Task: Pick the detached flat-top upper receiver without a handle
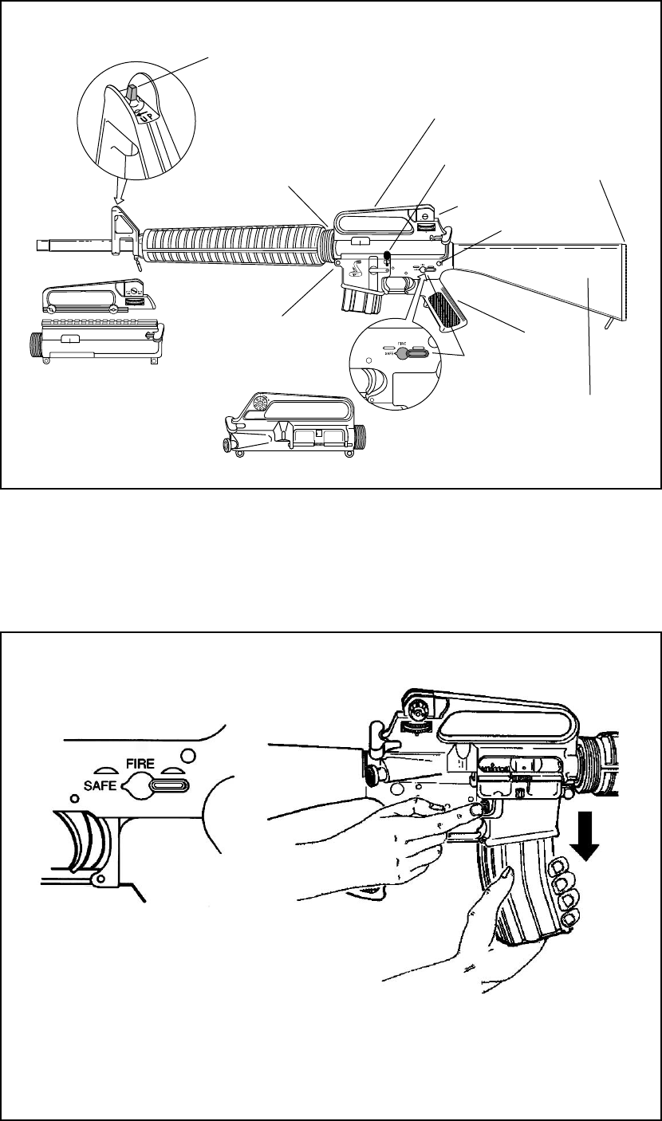pyautogui.click(x=97, y=344)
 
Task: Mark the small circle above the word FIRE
pyautogui.click(x=188, y=753)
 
